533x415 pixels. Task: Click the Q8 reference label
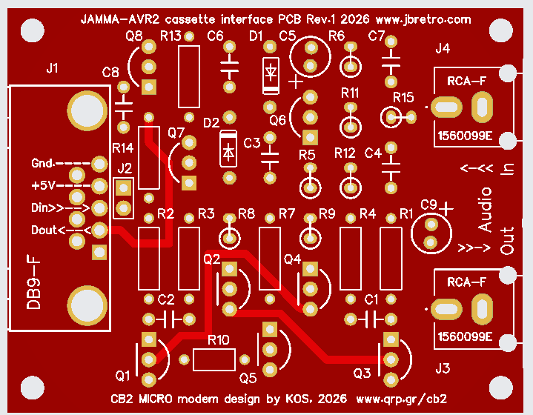pos(134,36)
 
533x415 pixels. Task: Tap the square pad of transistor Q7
pos(189,183)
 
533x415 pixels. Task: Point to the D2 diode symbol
pos(228,148)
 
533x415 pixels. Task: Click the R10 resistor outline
pos(214,359)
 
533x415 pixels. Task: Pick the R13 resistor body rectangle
pos(189,77)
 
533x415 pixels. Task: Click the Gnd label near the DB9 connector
pos(42,163)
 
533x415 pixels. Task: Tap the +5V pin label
pos(43,185)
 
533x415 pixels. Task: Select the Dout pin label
pos(44,230)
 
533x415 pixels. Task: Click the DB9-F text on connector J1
pos(33,283)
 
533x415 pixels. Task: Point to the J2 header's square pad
pos(123,187)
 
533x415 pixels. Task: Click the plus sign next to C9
pos(446,209)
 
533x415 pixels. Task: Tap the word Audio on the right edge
pos(485,210)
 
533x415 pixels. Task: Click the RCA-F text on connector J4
pos(466,82)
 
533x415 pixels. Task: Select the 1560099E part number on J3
pos(465,337)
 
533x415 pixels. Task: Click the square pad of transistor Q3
pos(391,339)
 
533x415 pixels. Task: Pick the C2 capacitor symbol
pos(168,319)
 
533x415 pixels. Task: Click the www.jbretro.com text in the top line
pos(423,19)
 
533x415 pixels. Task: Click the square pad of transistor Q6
pos(310,138)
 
